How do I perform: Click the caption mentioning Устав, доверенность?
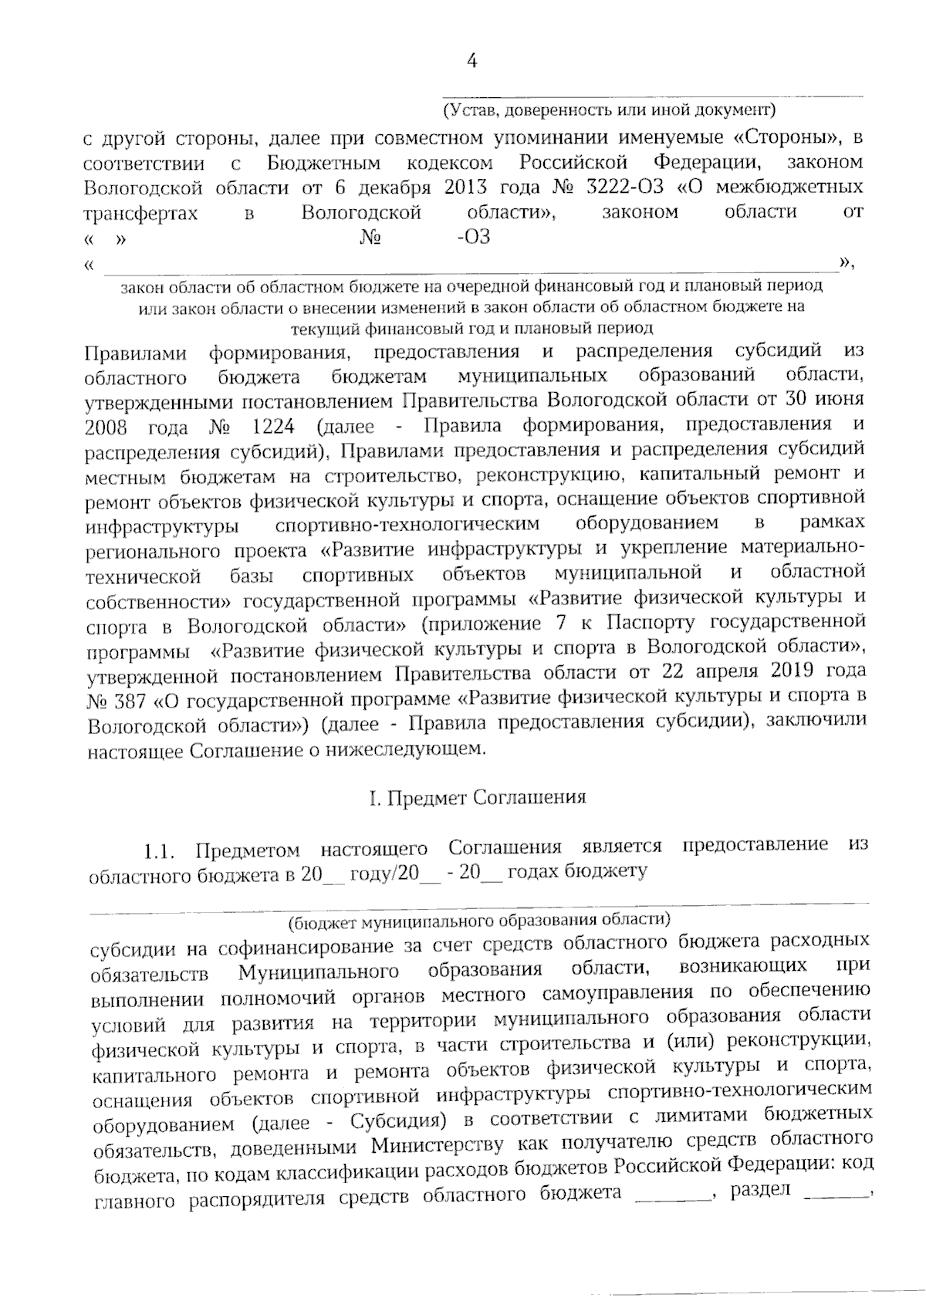coord(609,110)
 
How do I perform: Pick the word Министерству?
coord(438,1144)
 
